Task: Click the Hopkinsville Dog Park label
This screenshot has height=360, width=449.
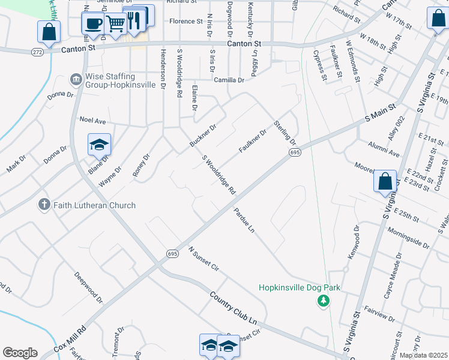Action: (x=300, y=287)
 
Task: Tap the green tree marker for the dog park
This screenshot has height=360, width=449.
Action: (x=324, y=300)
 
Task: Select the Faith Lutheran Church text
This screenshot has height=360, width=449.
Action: (x=94, y=205)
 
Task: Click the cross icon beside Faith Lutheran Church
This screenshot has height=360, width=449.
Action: (x=44, y=205)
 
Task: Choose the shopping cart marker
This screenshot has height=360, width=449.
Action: (x=115, y=24)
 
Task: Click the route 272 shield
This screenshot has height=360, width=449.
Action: (x=37, y=53)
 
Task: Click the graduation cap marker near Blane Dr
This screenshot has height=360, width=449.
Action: (x=99, y=145)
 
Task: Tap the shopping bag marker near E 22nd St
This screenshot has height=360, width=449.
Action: (x=385, y=181)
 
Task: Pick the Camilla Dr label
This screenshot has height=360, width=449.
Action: (x=229, y=80)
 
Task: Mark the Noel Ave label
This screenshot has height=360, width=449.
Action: (x=92, y=120)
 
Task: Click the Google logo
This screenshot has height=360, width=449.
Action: (x=20, y=353)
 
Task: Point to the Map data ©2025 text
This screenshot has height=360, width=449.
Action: (x=423, y=355)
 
